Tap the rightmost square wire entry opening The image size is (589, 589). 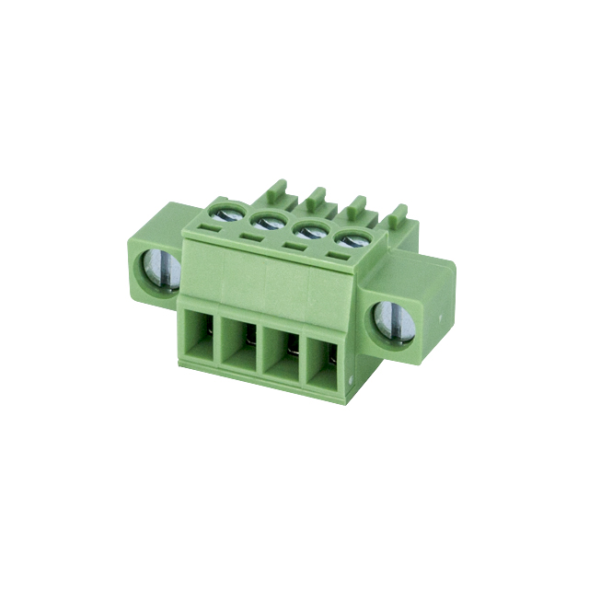[x=322, y=361]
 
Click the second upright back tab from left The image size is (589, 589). [x=316, y=198]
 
